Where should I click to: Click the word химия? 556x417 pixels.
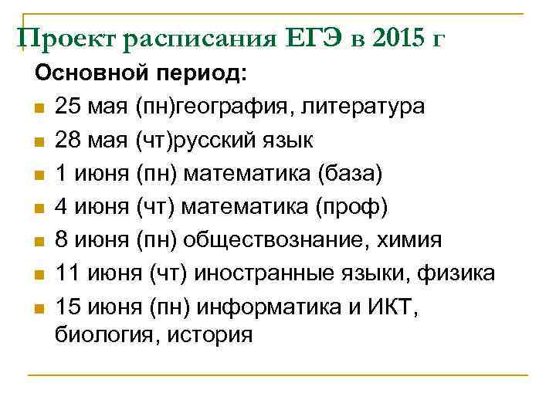point(409,240)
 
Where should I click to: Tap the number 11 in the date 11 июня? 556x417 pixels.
point(66,273)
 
